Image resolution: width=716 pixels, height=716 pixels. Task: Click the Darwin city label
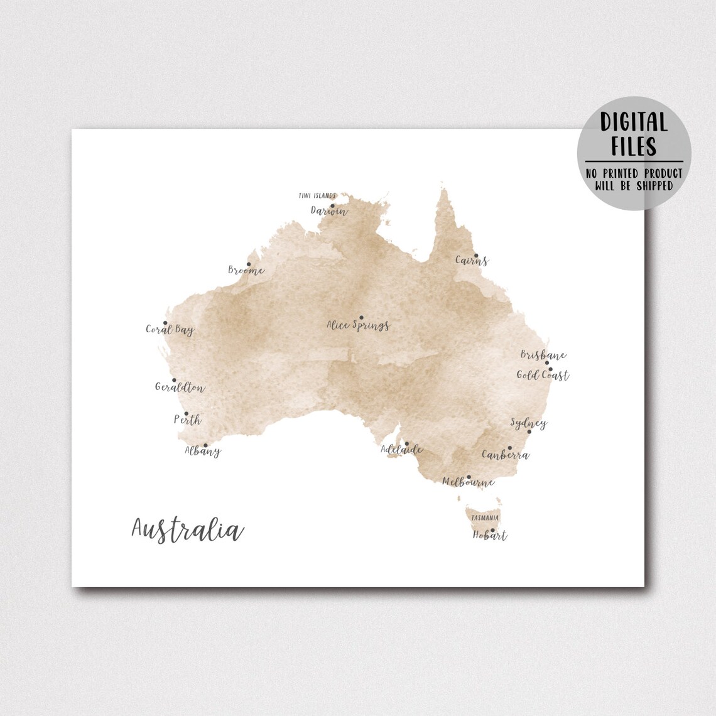pyautogui.click(x=329, y=211)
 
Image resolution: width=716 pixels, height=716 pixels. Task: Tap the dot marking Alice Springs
pyautogui.click(x=361, y=318)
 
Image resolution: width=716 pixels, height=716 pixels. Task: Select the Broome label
pyautogui.click(x=246, y=271)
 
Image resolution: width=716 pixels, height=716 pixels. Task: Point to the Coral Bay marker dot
pyautogui.click(x=165, y=323)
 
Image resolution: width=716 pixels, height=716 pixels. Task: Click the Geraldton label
pyautogui.click(x=180, y=388)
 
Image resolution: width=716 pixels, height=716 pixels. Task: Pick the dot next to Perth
pyautogui.click(x=186, y=413)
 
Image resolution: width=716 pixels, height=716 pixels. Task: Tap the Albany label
pyautogui.click(x=202, y=451)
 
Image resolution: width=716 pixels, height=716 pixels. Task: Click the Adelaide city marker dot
pyautogui.click(x=406, y=443)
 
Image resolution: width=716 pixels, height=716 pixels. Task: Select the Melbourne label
pyautogui.click(x=468, y=482)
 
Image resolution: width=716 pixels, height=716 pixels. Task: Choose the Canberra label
pyautogui.click(x=505, y=455)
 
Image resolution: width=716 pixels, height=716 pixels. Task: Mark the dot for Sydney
pyautogui.click(x=529, y=431)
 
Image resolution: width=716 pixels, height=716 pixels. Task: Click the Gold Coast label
pyautogui.click(x=543, y=376)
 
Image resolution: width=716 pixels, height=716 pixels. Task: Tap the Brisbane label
pyautogui.click(x=543, y=355)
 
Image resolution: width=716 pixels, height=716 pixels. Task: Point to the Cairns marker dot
pyautogui.click(x=475, y=255)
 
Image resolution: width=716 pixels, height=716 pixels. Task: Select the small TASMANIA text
pyautogui.click(x=485, y=518)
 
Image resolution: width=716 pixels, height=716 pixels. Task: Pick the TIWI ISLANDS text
pyautogui.click(x=317, y=196)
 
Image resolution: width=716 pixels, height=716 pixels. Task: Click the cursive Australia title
pyautogui.click(x=187, y=529)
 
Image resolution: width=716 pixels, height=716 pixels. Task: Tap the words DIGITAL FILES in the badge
pyautogui.click(x=634, y=134)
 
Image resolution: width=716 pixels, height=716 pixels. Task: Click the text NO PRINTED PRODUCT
pyautogui.click(x=634, y=173)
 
